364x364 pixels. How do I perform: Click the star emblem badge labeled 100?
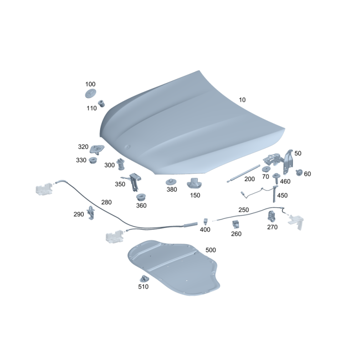click(x=91, y=93)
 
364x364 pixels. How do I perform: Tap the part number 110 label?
click(x=92, y=108)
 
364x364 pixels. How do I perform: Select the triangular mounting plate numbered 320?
click(x=97, y=149)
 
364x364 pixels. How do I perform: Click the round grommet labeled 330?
click(x=93, y=160)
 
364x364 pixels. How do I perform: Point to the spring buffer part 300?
click(x=121, y=164)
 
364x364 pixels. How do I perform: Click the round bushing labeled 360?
click(x=141, y=197)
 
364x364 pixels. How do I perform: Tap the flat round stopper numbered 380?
click(x=171, y=182)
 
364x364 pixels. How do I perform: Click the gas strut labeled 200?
click(x=243, y=173)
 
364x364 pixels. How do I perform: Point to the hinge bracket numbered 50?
click(x=288, y=162)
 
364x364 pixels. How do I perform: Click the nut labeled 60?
click(x=299, y=172)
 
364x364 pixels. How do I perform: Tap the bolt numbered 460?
click(x=276, y=178)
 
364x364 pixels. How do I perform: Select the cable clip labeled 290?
click(x=91, y=212)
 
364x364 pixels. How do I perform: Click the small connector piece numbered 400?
click(x=206, y=221)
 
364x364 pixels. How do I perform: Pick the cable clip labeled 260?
click(x=236, y=224)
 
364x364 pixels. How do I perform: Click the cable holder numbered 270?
click(x=271, y=217)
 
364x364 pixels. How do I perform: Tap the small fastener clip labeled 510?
click(x=144, y=278)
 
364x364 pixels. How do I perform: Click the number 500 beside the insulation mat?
click(x=211, y=250)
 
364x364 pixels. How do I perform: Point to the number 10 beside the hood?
click(x=242, y=100)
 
